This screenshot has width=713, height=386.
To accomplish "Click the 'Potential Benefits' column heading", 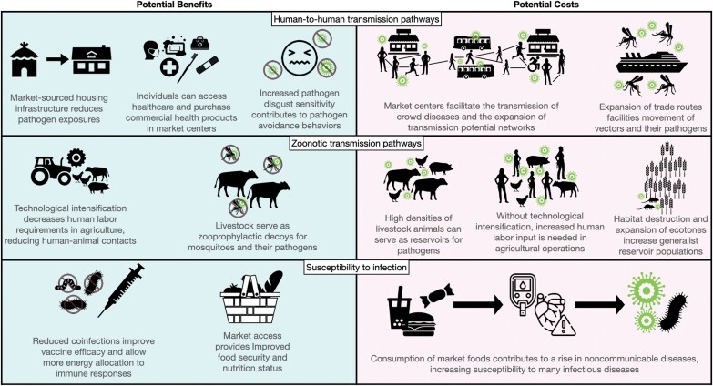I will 178,5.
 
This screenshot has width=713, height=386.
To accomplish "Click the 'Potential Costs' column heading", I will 535,5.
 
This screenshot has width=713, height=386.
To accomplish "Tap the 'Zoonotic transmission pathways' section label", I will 357,143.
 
